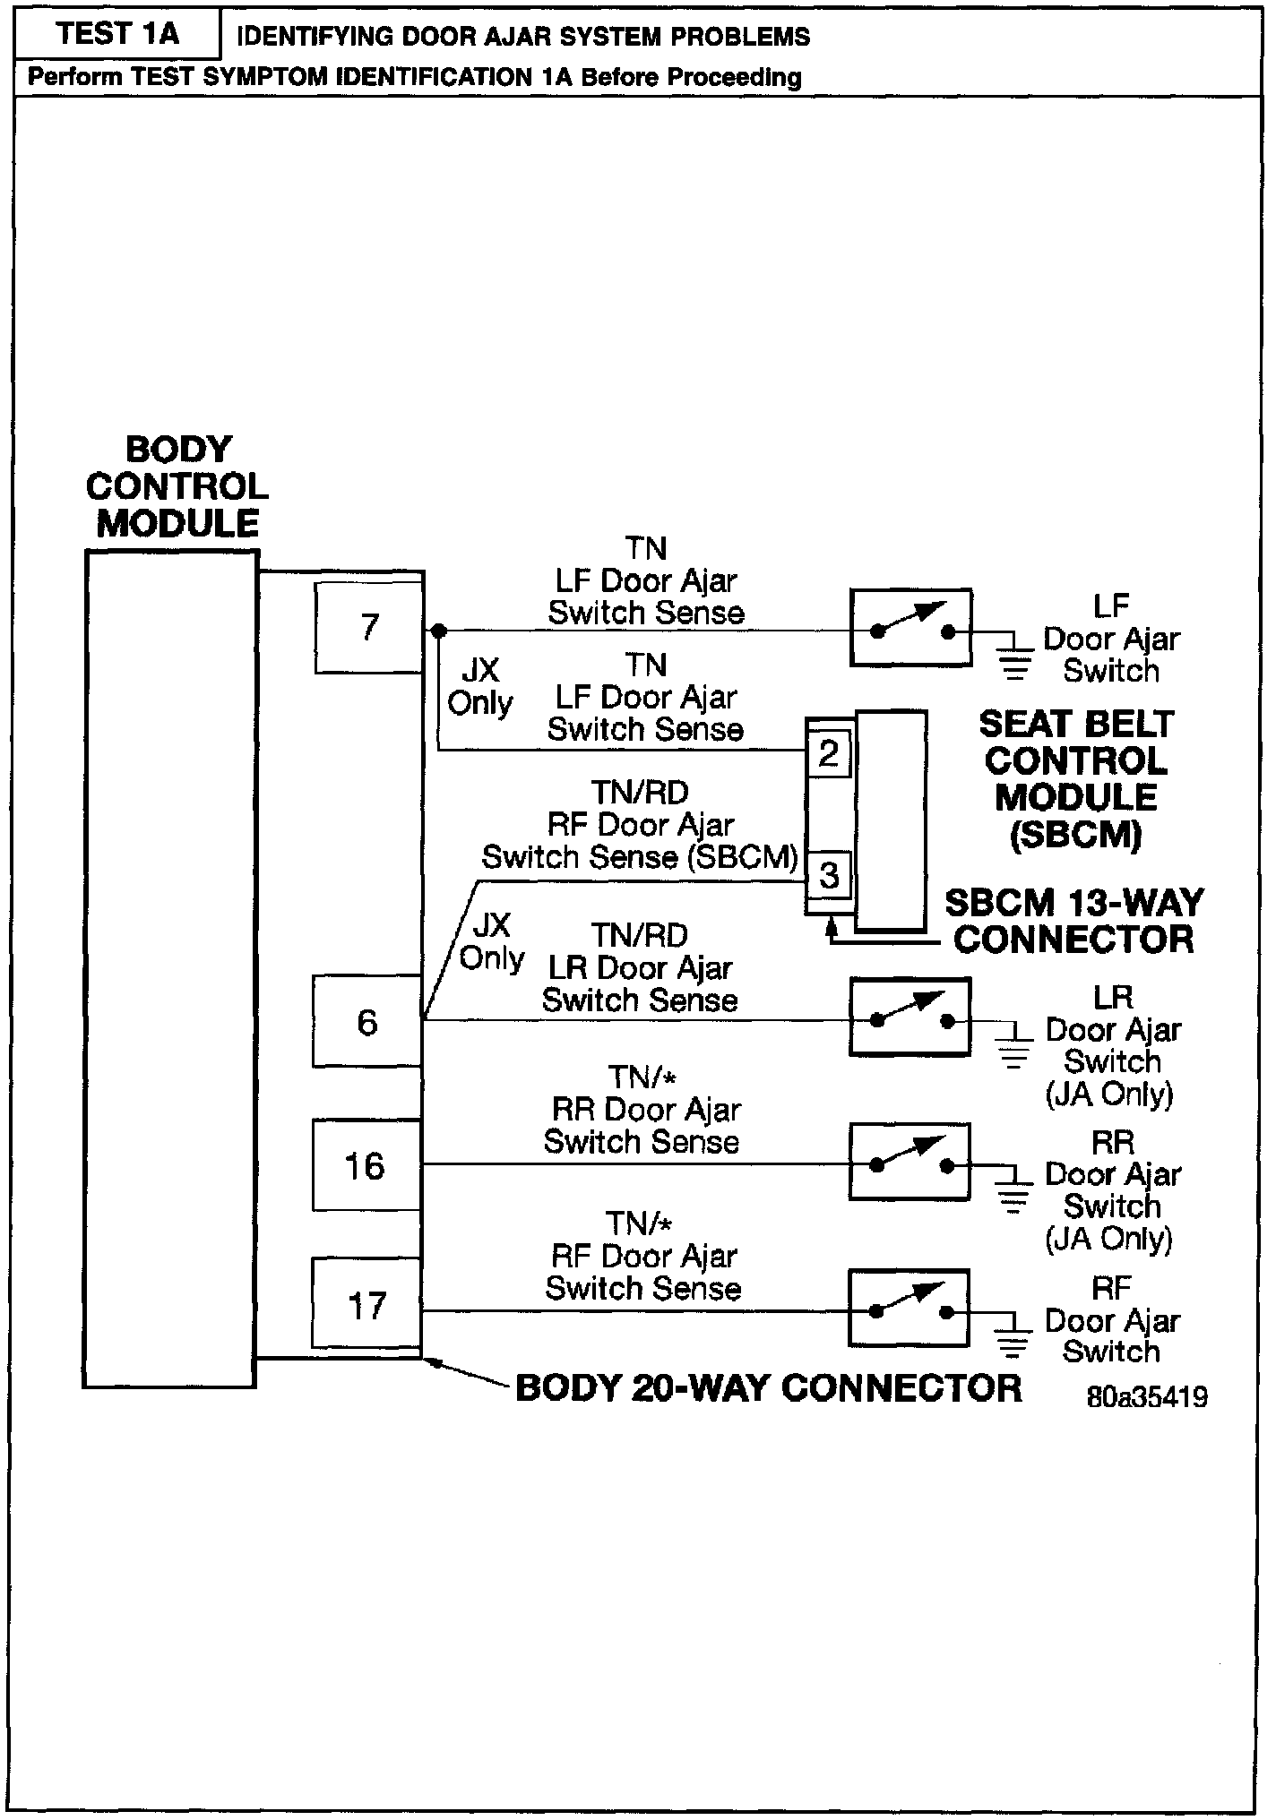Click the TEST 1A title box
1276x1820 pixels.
[117, 35]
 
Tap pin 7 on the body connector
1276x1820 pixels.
[368, 626]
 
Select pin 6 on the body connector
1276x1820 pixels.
[366, 1022]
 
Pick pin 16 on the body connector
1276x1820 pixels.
[366, 1165]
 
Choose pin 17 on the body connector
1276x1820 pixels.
[366, 1304]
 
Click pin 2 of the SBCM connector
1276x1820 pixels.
[829, 753]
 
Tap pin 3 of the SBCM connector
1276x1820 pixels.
[829, 874]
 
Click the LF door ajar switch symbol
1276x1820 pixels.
[910, 627]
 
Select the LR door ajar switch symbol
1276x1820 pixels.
[910, 1017]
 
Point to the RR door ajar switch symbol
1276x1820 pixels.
[910, 1162]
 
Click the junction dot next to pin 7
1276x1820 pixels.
[438, 631]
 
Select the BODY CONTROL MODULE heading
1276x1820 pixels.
[177, 486]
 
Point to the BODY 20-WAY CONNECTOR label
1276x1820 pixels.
[769, 1388]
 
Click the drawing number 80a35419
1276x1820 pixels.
[1146, 1396]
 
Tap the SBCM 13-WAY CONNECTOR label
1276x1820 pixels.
[1073, 921]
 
